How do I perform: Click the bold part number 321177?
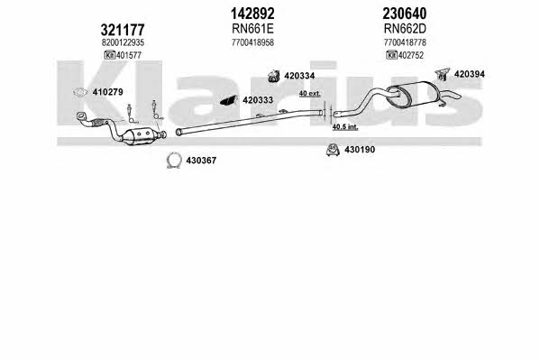click(123, 30)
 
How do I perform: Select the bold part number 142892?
click(252, 14)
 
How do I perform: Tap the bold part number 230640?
click(404, 14)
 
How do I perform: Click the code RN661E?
click(252, 29)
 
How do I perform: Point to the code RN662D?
click(405, 29)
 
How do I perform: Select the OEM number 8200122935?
click(123, 42)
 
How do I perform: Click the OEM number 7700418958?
click(252, 42)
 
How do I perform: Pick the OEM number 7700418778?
click(405, 42)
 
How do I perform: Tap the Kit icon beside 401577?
click(109, 55)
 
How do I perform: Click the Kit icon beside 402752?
click(391, 55)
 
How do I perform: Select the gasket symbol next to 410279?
click(80, 92)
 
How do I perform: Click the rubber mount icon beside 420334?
click(274, 76)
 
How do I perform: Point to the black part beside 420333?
click(229, 100)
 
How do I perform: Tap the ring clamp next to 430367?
click(174, 161)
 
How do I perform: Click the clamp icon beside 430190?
click(333, 149)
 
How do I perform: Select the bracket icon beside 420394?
click(443, 74)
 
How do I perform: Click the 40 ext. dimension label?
click(309, 94)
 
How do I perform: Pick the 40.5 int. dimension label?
click(345, 127)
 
